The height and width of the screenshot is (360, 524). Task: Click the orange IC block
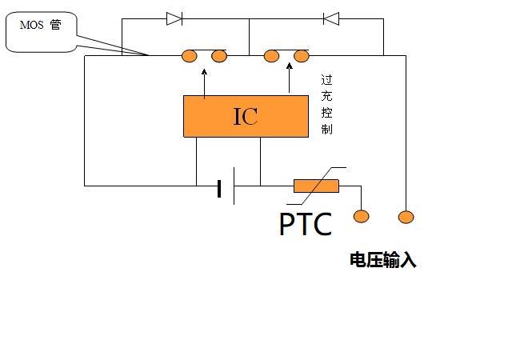coord(246,116)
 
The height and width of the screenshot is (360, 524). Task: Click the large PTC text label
coord(306,224)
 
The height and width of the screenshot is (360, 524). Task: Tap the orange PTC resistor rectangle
coord(316,186)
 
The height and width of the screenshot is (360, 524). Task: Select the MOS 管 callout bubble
coord(42,32)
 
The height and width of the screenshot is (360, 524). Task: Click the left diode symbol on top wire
coord(174,18)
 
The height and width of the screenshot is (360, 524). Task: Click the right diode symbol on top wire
coord(331,18)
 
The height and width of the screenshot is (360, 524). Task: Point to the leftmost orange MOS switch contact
coord(189,56)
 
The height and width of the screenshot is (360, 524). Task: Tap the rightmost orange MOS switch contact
coord(302,56)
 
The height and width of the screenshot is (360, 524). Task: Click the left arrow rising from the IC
coord(204,83)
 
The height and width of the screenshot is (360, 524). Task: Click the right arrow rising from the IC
coord(290,78)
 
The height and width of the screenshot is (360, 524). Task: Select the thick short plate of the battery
coord(219,189)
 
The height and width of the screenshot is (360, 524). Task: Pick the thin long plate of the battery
coord(234,186)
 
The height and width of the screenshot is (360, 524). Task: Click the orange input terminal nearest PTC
coord(362,216)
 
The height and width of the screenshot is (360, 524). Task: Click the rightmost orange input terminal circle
coord(406,218)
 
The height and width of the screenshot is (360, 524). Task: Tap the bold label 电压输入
coord(383,260)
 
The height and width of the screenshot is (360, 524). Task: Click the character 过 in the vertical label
coord(327,80)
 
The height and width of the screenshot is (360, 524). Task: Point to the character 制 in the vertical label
coord(327,129)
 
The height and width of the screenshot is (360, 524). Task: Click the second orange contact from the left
coord(219,56)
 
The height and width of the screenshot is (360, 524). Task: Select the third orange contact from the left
coord(271,56)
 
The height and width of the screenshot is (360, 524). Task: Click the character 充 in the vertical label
coord(327,96)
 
